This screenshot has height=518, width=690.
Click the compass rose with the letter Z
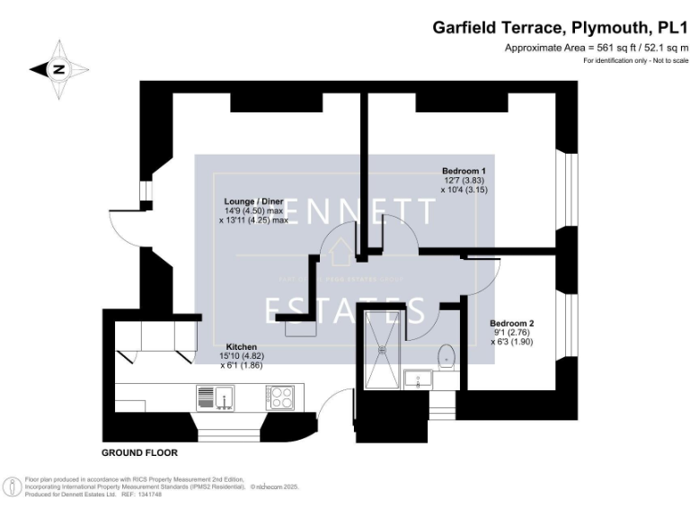[x=59, y=68]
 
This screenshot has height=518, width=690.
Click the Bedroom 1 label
[x=464, y=171]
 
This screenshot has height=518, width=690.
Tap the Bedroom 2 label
[x=511, y=323]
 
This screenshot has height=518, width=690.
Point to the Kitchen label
[x=242, y=346]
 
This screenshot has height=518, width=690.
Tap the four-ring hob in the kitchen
[x=280, y=396]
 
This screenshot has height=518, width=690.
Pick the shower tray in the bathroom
[x=384, y=355]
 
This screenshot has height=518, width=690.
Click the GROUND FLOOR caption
[x=139, y=452]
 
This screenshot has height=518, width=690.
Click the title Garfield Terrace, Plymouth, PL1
[x=560, y=28]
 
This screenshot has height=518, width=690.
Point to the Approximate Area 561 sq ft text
[x=596, y=48]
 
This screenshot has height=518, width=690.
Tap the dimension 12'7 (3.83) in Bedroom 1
[x=464, y=181]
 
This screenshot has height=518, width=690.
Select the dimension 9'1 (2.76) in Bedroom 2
[x=511, y=332]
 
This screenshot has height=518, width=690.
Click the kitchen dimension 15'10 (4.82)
[x=242, y=356]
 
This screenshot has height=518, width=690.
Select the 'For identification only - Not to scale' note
[x=635, y=60]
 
